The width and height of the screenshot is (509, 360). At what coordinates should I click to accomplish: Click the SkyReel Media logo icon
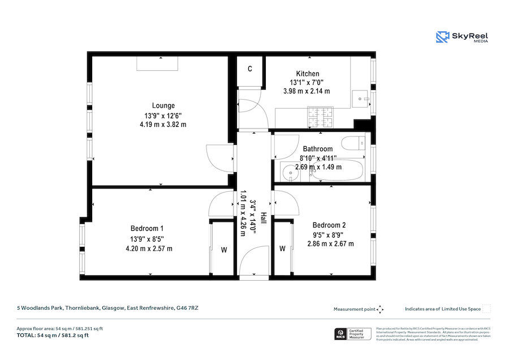(442, 37)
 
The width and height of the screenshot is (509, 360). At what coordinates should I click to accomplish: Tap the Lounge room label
(163, 105)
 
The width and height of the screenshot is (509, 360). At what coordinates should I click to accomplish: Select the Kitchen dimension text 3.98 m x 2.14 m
(307, 91)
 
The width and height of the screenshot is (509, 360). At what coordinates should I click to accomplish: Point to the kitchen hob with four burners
(322, 118)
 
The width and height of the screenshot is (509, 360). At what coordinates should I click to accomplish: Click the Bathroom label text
(317, 149)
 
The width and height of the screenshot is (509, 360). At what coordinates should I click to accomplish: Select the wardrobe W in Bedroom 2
(282, 248)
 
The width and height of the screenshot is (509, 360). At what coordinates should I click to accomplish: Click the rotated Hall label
(263, 216)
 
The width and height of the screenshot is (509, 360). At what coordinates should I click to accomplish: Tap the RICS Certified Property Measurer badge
(351, 334)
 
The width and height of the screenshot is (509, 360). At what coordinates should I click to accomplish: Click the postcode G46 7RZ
(187, 308)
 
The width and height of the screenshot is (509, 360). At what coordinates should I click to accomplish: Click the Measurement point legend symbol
(381, 309)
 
